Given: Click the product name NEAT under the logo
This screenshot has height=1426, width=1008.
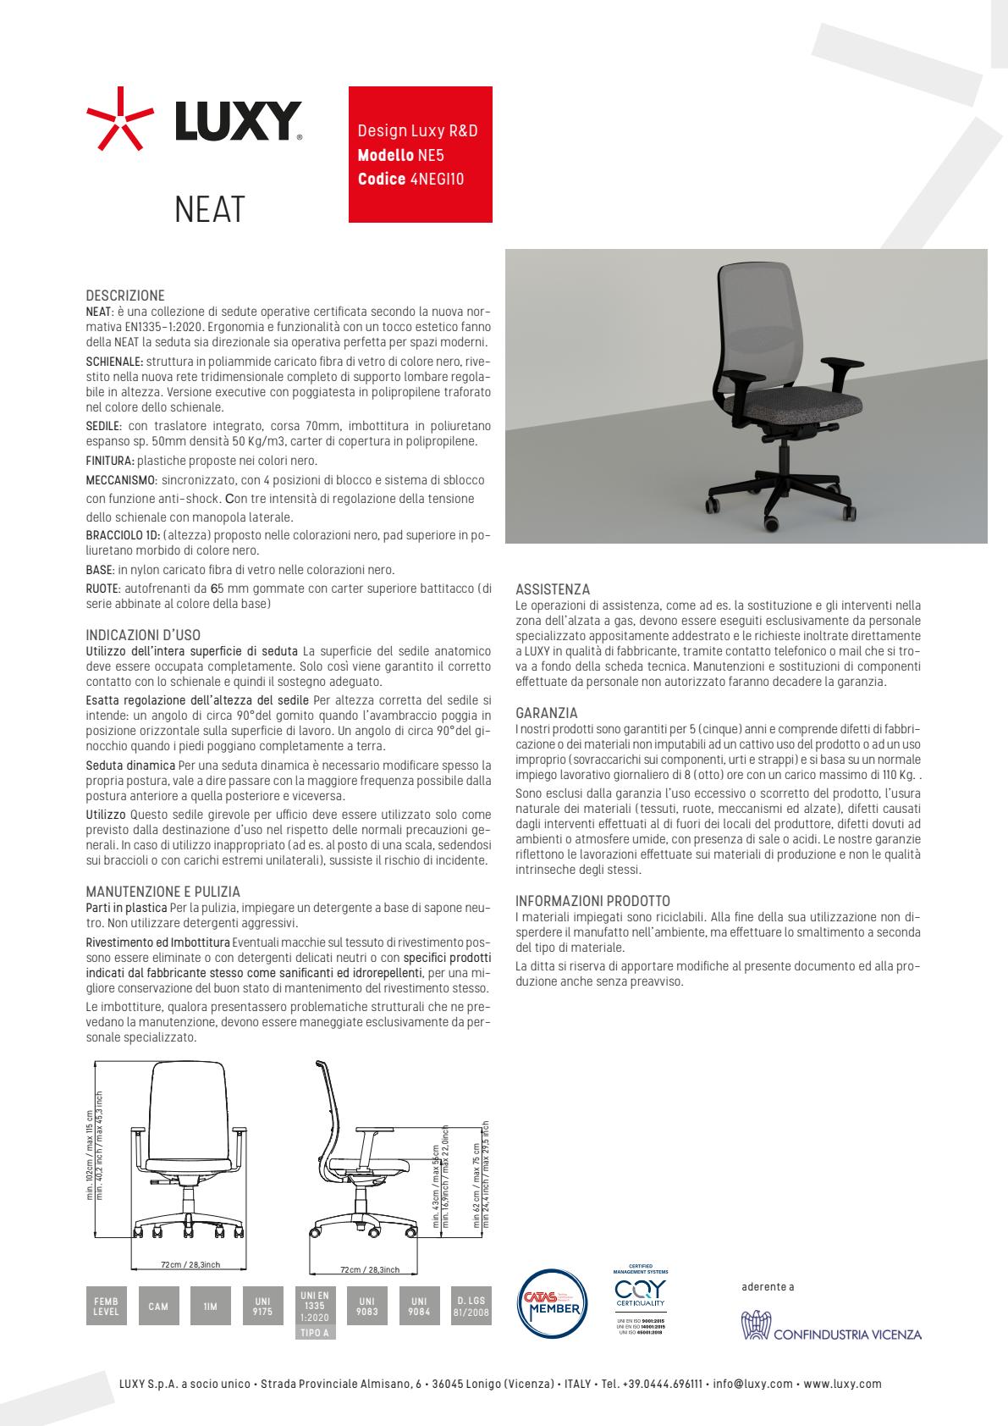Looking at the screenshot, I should point(209,209).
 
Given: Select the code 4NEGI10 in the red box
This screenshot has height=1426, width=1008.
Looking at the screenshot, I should point(437,180).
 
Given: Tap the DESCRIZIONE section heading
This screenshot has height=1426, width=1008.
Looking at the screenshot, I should point(125,296).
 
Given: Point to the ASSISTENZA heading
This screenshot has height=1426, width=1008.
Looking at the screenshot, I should point(553,589).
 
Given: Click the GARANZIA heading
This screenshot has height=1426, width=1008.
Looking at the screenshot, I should point(547,714).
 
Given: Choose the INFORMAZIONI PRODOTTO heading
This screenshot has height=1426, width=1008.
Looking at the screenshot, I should point(592,901).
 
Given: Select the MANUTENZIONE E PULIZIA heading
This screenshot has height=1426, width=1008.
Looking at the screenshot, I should point(163,892).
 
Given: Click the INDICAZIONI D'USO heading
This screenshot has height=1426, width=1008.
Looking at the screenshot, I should point(143,635).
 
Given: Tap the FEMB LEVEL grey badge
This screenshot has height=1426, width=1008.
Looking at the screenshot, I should point(106,1307).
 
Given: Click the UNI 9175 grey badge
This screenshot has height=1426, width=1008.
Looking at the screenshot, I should point(262,1307).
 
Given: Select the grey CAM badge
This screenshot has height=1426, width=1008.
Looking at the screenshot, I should point(158,1307).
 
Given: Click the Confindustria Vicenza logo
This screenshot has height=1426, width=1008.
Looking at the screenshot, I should point(830,1328).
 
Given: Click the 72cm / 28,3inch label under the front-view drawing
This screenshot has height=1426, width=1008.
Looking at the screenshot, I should point(190,1264).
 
